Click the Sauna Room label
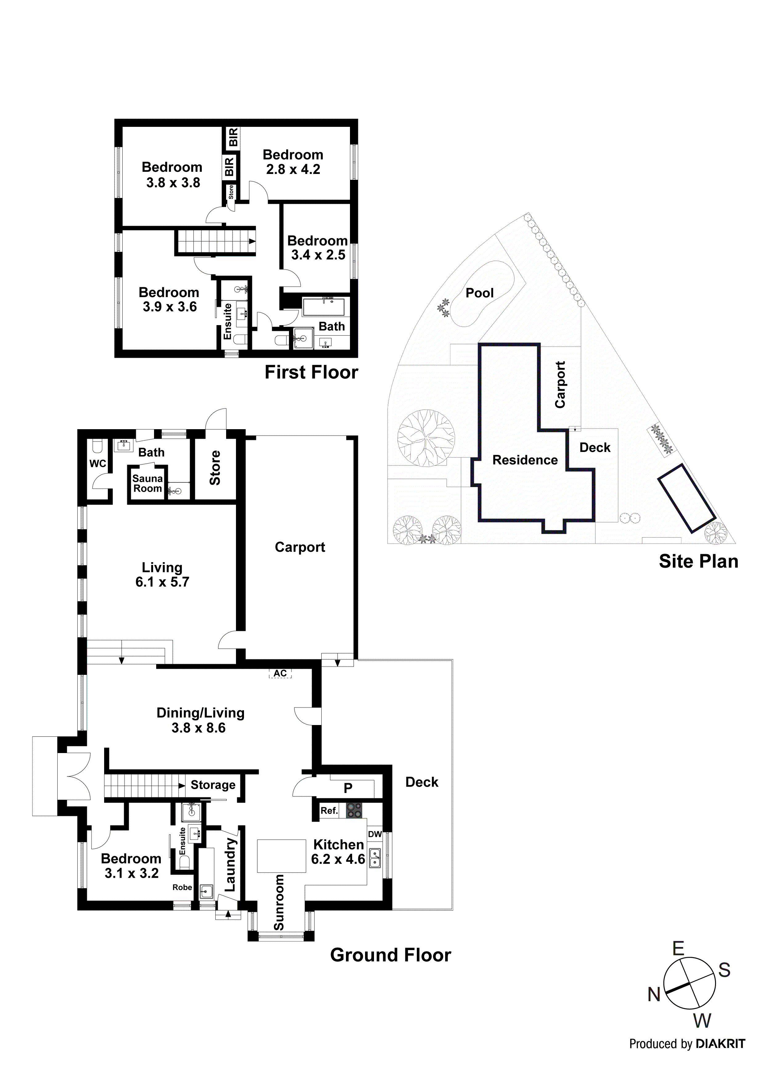click(x=147, y=484)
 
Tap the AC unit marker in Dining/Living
click(x=280, y=673)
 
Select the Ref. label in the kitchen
click(x=329, y=811)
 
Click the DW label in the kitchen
click(x=375, y=834)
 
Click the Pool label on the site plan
click(x=479, y=293)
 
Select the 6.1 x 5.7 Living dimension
click(x=162, y=582)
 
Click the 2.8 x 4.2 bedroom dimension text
click(x=293, y=169)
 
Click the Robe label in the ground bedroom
click(x=182, y=887)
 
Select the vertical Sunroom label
click(x=279, y=902)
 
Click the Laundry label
click(x=230, y=864)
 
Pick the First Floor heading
click(x=311, y=372)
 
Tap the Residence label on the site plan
click(x=525, y=460)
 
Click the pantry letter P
click(x=348, y=788)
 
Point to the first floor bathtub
click(x=323, y=306)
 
